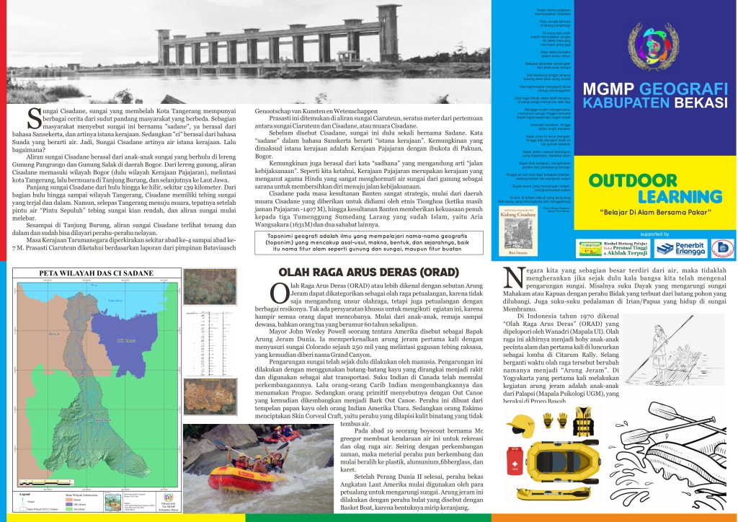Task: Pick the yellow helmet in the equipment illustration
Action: point(520,424)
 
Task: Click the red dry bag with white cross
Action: point(516,458)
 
